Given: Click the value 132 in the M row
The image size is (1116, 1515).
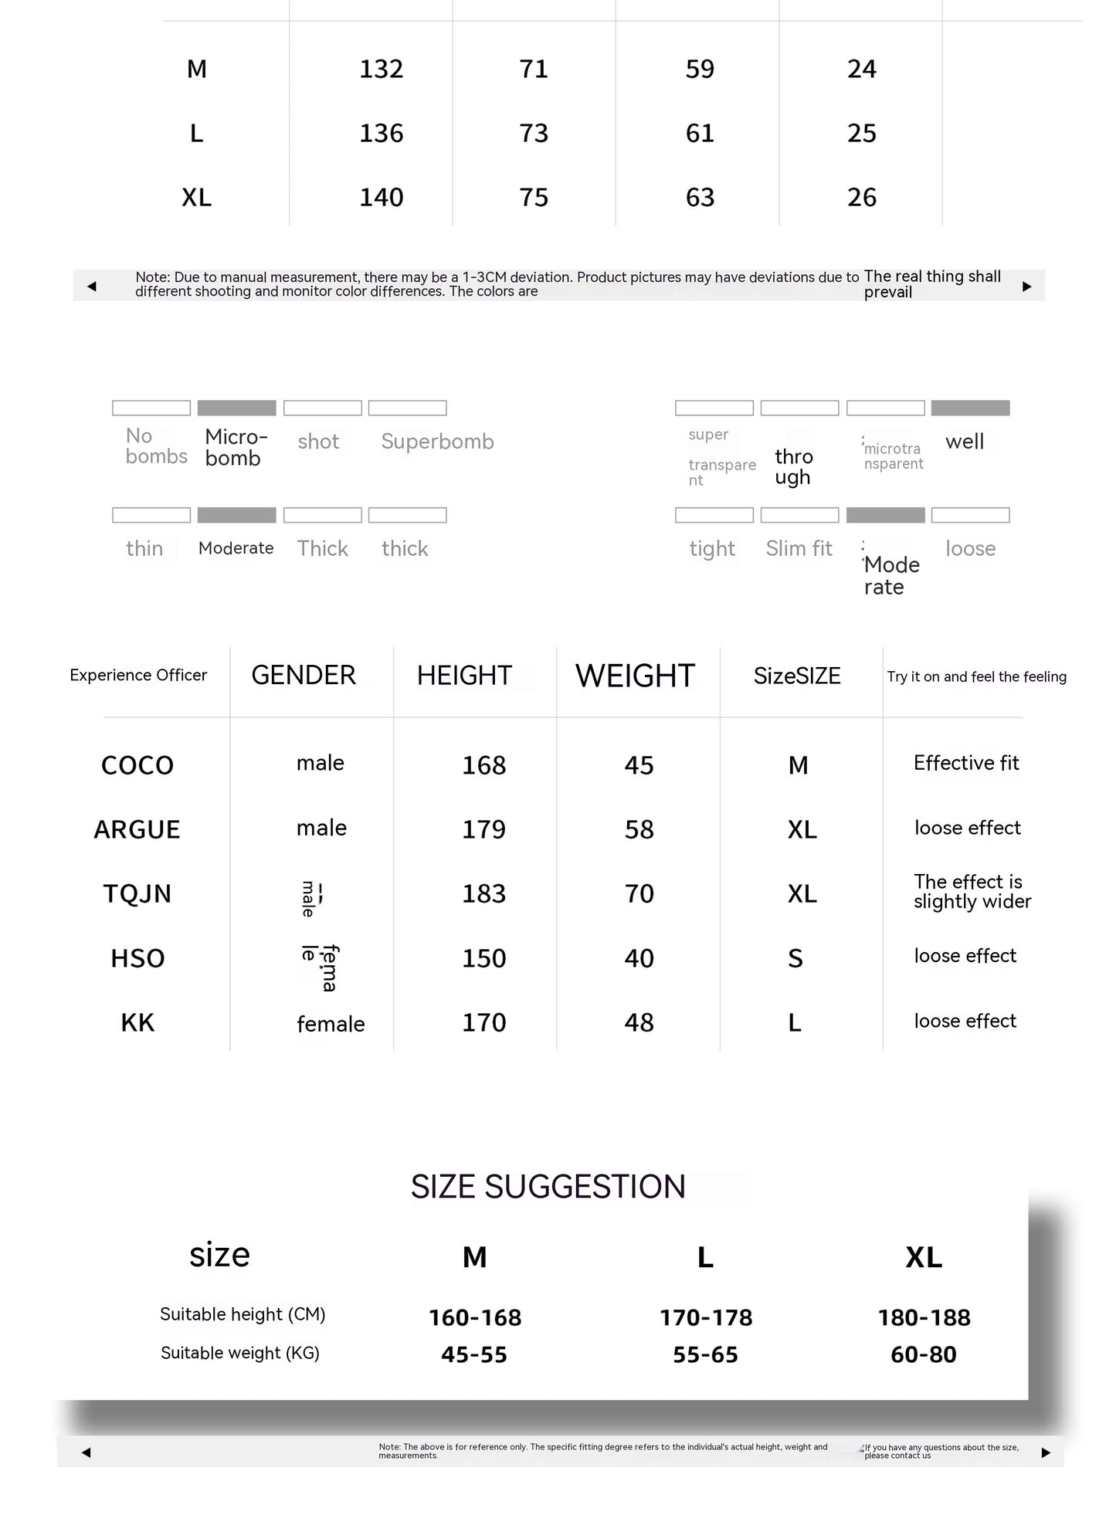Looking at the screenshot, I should (381, 69).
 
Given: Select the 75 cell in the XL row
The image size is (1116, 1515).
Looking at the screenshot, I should (534, 198).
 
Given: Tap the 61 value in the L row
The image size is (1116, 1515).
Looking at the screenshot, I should (700, 134).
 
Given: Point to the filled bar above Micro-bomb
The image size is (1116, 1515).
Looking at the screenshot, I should (236, 408).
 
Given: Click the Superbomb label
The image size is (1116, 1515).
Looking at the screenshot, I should (437, 442).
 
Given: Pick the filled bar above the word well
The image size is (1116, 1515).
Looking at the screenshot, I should (970, 408).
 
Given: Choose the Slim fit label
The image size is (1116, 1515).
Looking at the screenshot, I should (799, 549).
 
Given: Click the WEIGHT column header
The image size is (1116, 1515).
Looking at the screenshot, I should (635, 676).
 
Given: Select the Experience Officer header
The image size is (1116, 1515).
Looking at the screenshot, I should (138, 676).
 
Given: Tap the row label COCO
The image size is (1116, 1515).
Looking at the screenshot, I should (137, 765).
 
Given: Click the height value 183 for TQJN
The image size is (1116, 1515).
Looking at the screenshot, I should (483, 894).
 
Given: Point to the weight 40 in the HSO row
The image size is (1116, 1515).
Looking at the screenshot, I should (639, 959).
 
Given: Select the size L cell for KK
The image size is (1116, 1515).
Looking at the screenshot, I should (795, 1023).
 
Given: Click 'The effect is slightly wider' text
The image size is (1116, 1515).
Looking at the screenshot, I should (972, 892).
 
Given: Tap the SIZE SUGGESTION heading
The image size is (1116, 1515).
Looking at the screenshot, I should (548, 1187).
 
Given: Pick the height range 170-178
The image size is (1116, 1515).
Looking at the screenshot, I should (705, 1318).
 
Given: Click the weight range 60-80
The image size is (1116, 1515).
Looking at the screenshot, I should (923, 1355).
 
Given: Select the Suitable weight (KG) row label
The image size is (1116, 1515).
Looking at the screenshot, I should (239, 1354).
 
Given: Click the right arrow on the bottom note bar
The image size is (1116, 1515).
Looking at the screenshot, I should (1046, 1453).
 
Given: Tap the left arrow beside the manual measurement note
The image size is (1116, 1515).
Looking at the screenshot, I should (92, 286).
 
